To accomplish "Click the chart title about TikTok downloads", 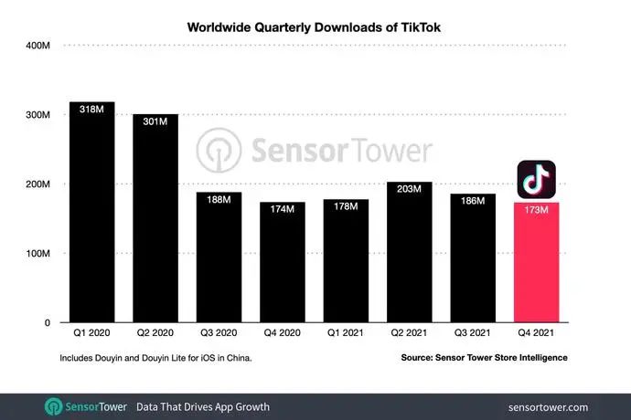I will point(315,27).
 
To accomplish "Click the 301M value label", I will point(155,122).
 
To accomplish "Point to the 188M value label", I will point(219,201).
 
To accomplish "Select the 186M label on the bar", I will point(473,202).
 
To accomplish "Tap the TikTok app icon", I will point(537,180).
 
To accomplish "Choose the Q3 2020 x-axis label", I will point(219,332).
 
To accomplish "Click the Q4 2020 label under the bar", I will point(283,332).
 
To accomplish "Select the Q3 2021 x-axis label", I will point(473,332).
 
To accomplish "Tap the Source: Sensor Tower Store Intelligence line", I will point(484,358).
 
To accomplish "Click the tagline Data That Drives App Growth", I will point(202,406).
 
